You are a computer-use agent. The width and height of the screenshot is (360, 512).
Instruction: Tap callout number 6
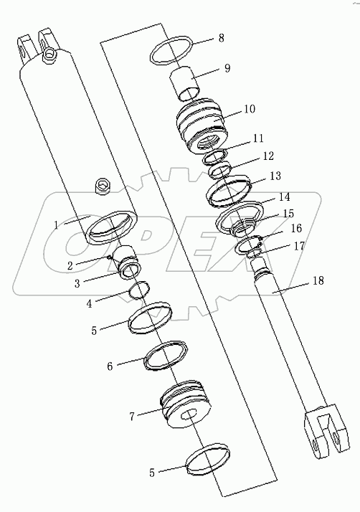click(x=110, y=366)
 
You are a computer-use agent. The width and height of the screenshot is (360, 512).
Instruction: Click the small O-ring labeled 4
click(x=139, y=291)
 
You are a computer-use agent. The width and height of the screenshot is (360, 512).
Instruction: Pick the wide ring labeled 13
click(x=229, y=191)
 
